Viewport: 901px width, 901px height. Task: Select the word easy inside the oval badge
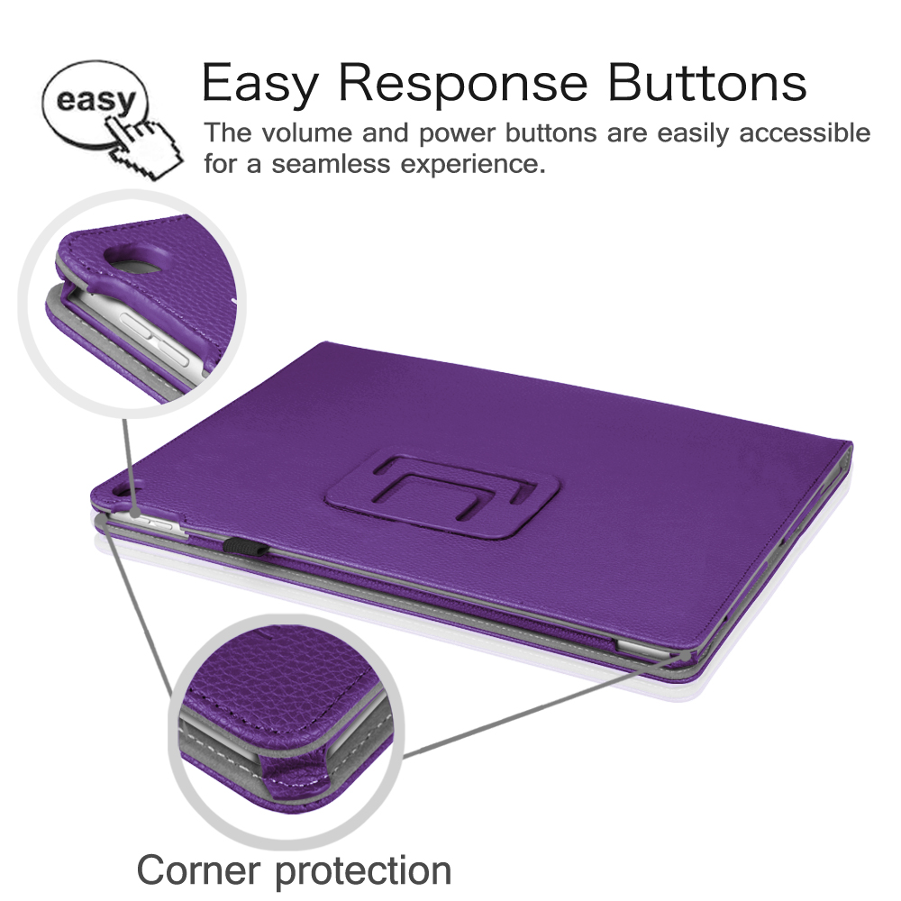click(x=96, y=101)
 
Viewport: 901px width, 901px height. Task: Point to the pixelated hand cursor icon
click(x=145, y=147)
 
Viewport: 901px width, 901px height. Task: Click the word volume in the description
click(x=307, y=132)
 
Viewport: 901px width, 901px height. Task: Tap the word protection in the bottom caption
click(x=364, y=872)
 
